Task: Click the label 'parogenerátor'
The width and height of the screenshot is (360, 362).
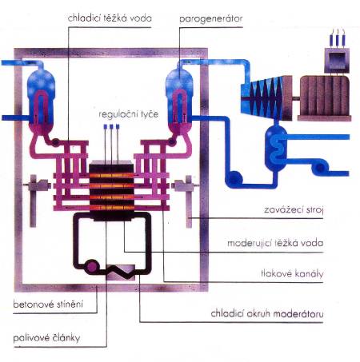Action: click(x=210, y=19)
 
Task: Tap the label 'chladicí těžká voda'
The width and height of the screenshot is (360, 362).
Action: click(x=110, y=18)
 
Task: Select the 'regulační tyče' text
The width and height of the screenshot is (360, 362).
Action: click(x=129, y=114)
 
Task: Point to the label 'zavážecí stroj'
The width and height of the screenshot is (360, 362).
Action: click(x=294, y=210)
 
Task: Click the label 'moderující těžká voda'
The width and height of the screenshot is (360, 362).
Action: click(x=275, y=243)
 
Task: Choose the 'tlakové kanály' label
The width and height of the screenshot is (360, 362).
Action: click(x=292, y=273)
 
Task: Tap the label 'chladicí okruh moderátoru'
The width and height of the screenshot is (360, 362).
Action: click(x=267, y=313)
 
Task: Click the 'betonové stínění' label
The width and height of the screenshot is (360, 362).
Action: click(x=48, y=304)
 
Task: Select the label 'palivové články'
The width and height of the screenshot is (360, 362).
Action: click(x=46, y=338)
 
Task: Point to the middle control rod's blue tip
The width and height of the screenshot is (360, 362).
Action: click(x=111, y=126)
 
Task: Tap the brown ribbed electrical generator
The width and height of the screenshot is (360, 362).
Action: click(x=325, y=98)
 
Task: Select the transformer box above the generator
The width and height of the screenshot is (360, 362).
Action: click(x=337, y=60)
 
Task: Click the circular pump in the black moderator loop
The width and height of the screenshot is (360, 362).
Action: click(x=91, y=266)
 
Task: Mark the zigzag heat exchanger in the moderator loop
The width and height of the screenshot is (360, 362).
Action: click(x=121, y=272)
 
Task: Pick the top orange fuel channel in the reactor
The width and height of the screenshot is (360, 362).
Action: click(x=111, y=176)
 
